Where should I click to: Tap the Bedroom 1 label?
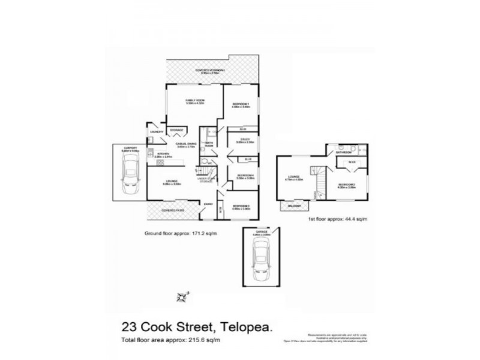pos(241,104)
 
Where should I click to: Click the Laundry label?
pos(156,131)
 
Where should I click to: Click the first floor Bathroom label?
pos(343,152)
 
